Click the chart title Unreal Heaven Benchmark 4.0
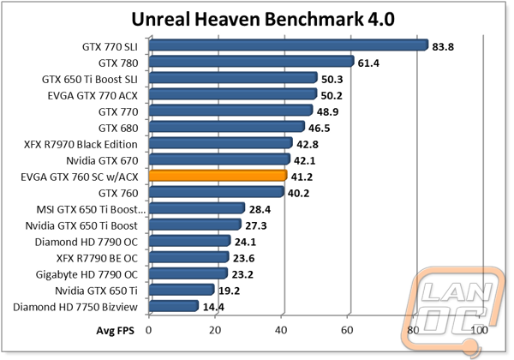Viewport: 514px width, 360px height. pos(256,18)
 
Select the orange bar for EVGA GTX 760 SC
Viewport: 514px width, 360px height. pos(218,176)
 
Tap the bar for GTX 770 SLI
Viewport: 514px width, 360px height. pos(288,45)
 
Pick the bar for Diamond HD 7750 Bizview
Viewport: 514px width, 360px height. pos(174,306)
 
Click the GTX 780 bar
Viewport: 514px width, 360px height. pos(251,61)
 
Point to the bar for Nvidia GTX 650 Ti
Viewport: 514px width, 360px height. pos(182,290)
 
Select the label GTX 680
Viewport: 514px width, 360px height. pos(120,127)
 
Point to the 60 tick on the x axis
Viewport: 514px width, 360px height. pos(347,329)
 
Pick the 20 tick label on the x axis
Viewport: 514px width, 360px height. pos(215,329)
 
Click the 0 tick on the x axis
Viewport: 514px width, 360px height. pos(149,329)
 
